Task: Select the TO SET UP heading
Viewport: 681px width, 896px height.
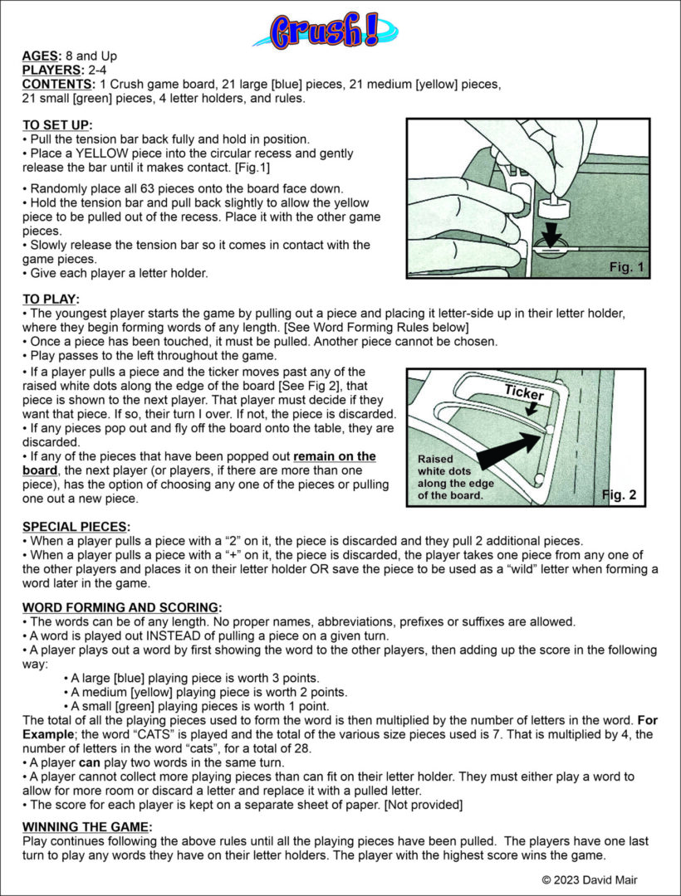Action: coord(57,124)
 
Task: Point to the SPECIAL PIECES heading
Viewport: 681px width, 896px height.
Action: coord(75,527)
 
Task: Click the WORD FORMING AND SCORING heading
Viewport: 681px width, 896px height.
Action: coord(121,607)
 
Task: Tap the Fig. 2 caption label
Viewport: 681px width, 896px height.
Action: coord(619,495)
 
